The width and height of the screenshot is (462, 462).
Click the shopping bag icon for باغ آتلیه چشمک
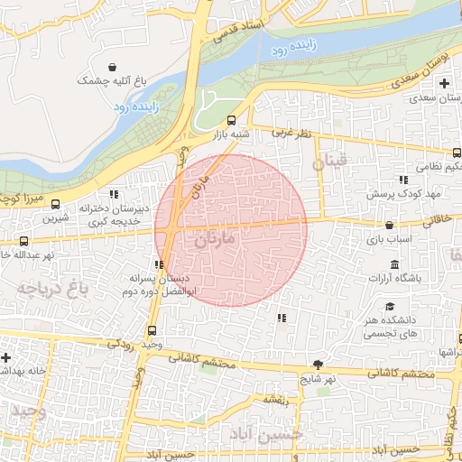(112, 68)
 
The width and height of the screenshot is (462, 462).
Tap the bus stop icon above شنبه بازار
(232, 120)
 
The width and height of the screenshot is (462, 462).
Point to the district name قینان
(328, 163)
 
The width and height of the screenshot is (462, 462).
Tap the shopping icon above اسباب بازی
(389, 226)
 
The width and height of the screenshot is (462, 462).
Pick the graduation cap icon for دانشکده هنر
(389, 305)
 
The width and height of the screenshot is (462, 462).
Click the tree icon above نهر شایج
(319, 365)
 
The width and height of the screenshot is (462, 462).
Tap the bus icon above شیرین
(57, 204)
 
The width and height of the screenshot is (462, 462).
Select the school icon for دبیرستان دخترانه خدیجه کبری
(113, 193)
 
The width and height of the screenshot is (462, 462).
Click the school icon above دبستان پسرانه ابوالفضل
(160, 264)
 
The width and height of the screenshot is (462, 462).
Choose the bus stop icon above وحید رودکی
(152, 330)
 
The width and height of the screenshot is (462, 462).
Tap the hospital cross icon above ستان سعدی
(443, 84)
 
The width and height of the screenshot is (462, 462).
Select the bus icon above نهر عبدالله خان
(23, 241)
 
